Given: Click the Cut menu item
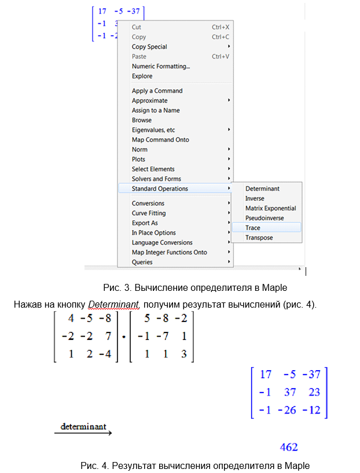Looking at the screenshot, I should [137, 27].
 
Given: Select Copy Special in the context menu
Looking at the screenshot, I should [149, 47].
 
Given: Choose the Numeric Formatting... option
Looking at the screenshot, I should [161, 66].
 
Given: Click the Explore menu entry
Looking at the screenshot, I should [142, 76].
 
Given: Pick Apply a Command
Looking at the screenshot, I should [157, 91].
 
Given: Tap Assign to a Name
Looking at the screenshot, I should [156, 110].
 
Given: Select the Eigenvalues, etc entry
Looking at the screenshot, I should [153, 130].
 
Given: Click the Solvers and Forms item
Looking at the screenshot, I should [157, 179].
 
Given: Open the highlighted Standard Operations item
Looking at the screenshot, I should [160, 189].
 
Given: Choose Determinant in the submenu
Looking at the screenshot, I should [262, 189].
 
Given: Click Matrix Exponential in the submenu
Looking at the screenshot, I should [270, 208].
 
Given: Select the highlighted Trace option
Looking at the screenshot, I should [253, 228].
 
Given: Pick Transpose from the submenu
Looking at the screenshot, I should [259, 238].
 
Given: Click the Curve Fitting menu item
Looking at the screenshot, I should [149, 213].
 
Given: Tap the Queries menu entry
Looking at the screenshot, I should [142, 262].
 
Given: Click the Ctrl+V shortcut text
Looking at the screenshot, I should [221, 57].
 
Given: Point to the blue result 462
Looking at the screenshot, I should [289, 447].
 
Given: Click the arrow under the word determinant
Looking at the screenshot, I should [83, 433].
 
